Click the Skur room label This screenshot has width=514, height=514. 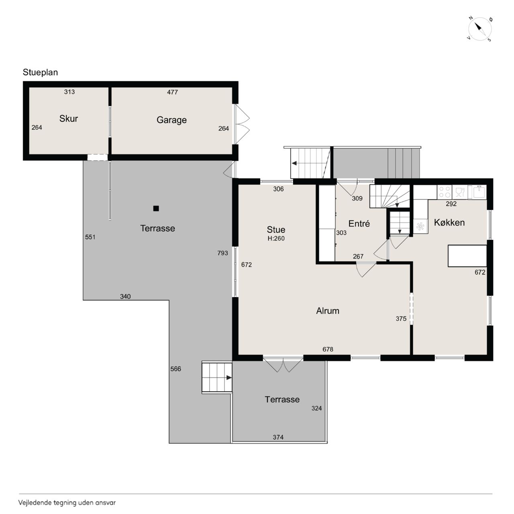[69, 118]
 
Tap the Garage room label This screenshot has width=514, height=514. [171, 120]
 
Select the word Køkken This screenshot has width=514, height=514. [449, 222]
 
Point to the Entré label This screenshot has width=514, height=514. [359, 224]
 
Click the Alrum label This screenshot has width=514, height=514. [328, 311]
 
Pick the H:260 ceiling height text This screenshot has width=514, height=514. [276, 239]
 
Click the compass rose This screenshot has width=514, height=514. [480, 29]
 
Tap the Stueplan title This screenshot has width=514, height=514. [40, 72]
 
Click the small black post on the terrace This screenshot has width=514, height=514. [156, 208]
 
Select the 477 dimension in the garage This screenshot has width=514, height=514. [172, 92]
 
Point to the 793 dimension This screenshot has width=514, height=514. [222, 253]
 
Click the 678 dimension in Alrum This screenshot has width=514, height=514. [328, 349]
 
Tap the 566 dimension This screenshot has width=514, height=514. [175, 369]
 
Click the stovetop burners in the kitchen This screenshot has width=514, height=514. [445, 192]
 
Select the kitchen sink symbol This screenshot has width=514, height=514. [479, 192]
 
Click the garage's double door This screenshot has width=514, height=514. [242, 124]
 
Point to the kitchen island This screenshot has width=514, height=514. [467, 256]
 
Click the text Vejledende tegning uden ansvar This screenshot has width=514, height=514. [67, 503]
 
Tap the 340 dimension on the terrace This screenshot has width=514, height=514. [125, 296]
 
